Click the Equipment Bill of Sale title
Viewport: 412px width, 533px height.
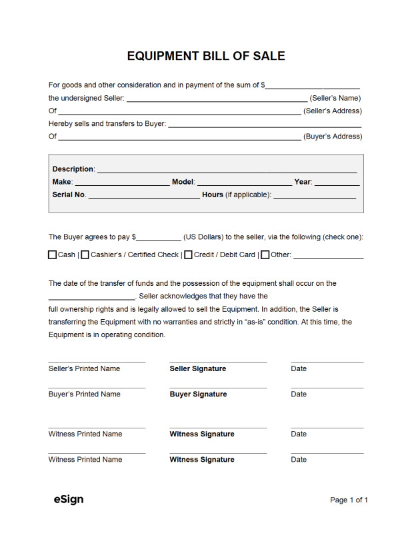point(205,56)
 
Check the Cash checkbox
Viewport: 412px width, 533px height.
point(53,255)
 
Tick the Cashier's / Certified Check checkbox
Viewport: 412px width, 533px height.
point(85,255)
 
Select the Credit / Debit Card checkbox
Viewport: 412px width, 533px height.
point(189,255)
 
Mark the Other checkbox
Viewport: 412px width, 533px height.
point(265,255)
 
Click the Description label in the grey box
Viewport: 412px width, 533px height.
point(73,169)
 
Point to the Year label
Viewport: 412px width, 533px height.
point(303,182)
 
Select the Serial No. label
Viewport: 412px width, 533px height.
point(69,195)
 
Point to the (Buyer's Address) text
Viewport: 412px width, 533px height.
point(333,137)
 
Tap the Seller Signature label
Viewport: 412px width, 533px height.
point(198,368)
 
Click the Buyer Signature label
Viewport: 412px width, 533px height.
point(198,394)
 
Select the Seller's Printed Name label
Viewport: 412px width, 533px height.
point(84,368)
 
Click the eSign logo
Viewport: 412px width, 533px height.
point(69,499)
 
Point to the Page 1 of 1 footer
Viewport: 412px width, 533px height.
point(349,500)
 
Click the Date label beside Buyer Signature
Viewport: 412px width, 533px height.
point(299,394)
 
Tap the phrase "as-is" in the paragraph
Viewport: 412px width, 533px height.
point(258,322)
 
